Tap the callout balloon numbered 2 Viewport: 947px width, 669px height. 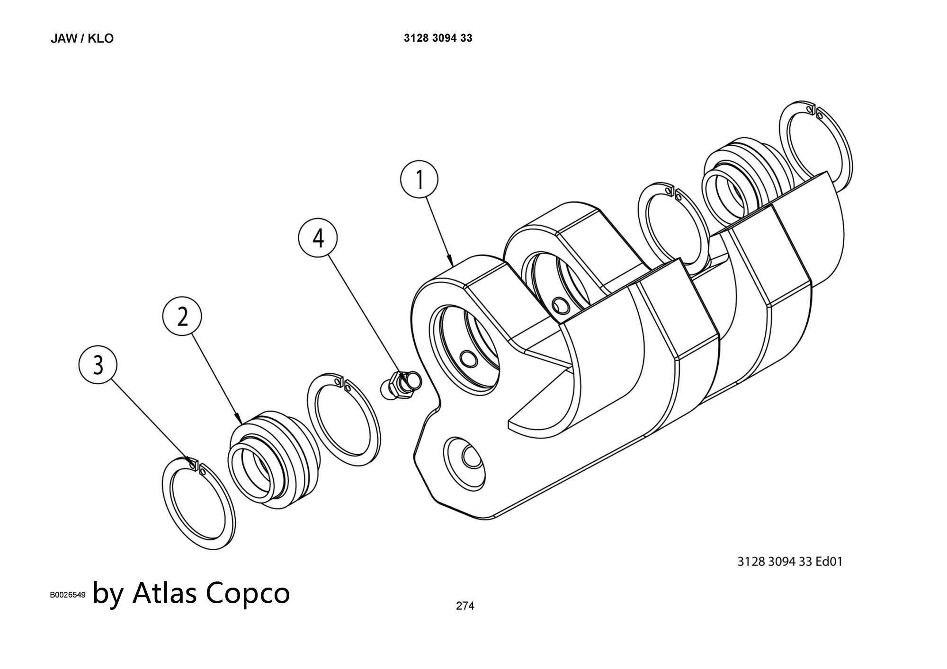pos(182,317)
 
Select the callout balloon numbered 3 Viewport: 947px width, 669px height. pos(98,365)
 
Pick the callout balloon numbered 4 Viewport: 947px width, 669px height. pos(318,238)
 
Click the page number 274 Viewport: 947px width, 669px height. pos(465,606)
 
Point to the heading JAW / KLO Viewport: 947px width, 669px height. pos(82,39)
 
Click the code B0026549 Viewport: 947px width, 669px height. pos(68,595)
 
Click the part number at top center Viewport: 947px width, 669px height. pos(438,38)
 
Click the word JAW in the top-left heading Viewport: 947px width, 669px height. pos(63,39)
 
